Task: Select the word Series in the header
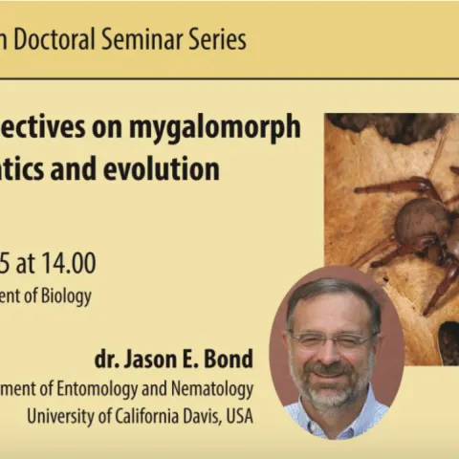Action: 215,40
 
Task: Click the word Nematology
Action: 212,389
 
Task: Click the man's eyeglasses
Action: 330,340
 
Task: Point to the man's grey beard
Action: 330,387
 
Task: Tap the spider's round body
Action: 423,220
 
